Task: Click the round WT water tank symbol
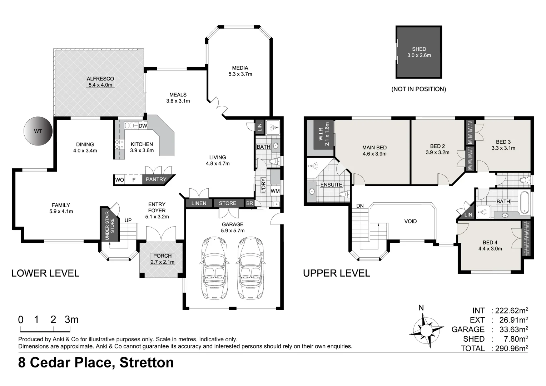[x=38, y=131]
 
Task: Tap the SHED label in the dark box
[x=419, y=49]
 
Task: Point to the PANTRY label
[x=156, y=179]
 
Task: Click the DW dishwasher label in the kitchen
[x=143, y=126]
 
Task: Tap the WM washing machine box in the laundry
[x=275, y=191]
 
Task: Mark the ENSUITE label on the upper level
[x=331, y=185]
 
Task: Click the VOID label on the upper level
[x=410, y=221]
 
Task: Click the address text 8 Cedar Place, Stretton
[x=96, y=362]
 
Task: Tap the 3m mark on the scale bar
[x=71, y=320]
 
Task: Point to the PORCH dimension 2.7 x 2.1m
[x=162, y=262]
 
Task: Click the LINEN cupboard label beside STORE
[x=199, y=203]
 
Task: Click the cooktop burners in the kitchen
[x=119, y=144]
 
